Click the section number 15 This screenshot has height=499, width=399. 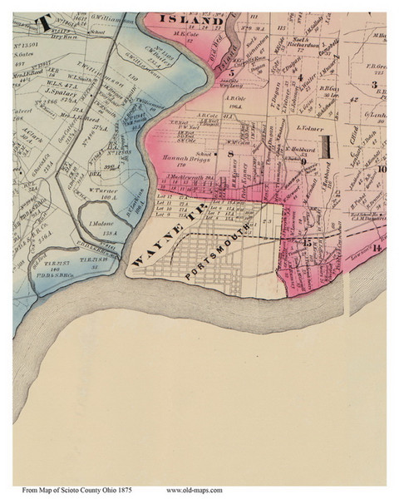pos(308,242)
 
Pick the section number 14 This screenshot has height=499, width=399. pos(377,248)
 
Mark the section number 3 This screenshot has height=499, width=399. pos(377,84)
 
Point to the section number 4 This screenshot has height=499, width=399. pos(298,77)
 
